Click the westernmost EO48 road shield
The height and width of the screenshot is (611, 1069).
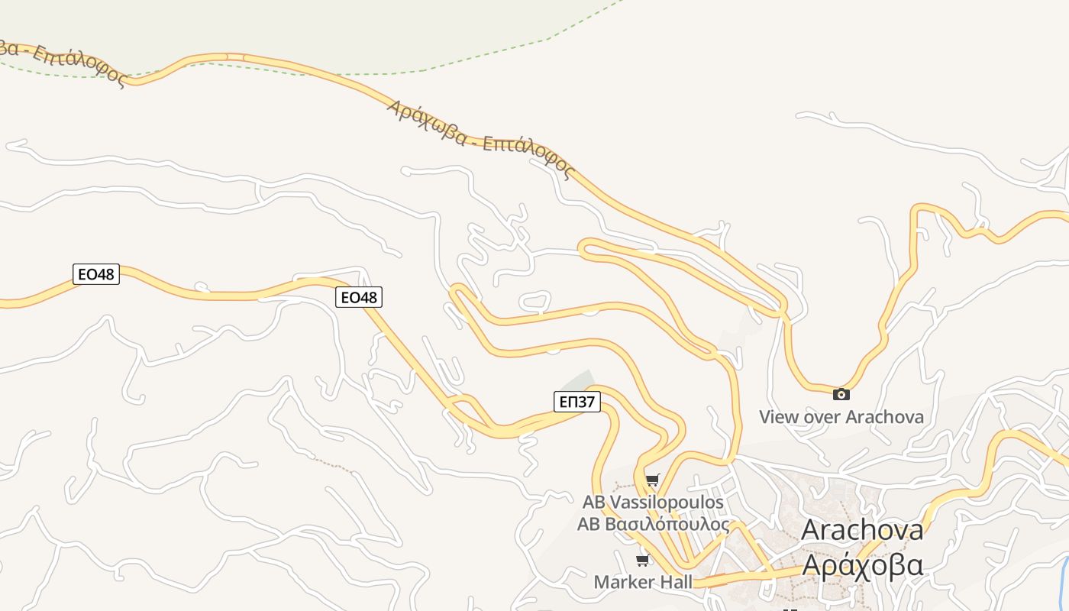(96, 274)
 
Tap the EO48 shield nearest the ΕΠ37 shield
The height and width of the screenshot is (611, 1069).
(358, 297)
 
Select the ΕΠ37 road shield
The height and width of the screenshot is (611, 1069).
(576, 402)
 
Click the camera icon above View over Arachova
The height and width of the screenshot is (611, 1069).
(841, 394)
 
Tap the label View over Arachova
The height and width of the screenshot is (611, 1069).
(841, 417)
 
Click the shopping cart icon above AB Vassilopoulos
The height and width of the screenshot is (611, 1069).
(652, 480)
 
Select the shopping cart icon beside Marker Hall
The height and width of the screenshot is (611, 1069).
(643, 561)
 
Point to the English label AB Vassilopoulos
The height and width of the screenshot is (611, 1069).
(652, 503)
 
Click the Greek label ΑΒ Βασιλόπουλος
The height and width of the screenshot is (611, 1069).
(652, 525)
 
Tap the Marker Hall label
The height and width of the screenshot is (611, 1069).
(643, 582)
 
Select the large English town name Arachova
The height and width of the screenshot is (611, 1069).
(862, 530)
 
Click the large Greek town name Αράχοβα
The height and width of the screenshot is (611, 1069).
(863, 565)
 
